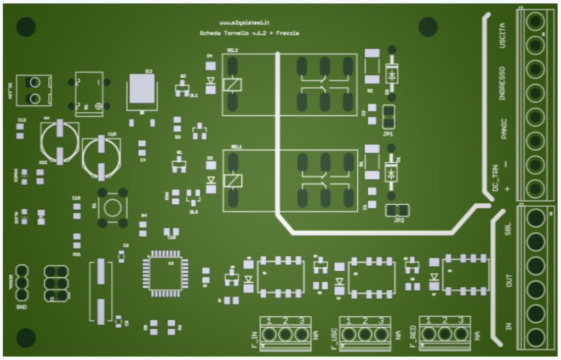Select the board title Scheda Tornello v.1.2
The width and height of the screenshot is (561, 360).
pos(233,33)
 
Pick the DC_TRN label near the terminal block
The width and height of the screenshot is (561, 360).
pos(496,176)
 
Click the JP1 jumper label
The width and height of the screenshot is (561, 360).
pos(388,134)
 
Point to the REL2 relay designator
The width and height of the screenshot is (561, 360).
pos(232,50)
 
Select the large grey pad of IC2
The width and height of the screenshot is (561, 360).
pos(142,89)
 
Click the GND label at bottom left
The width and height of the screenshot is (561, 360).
pos(22,307)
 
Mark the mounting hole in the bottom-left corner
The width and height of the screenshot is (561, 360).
pos(26,338)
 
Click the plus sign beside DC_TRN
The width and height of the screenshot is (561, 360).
pos(507,189)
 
